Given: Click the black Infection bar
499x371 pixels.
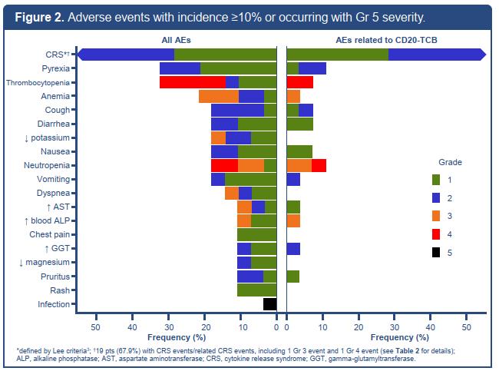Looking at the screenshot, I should click(269, 303).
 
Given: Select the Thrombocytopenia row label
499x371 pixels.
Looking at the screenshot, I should click(37, 82).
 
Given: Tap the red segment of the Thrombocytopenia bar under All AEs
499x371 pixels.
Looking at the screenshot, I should click(193, 82).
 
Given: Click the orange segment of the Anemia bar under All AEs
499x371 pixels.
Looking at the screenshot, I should click(219, 96).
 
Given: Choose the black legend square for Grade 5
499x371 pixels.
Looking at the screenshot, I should click(435, 251).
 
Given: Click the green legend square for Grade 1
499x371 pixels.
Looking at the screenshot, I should click(435, 180).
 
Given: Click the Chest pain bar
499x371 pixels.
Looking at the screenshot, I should click(256, 234).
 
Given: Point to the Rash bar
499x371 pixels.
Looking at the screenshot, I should click(256, 290).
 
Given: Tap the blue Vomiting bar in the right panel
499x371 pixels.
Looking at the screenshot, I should click(293, 179).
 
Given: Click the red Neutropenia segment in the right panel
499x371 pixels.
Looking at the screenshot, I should click(319, 165).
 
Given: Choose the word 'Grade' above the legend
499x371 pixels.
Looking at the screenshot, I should click(450, 163).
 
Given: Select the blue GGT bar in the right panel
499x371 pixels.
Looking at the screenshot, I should click(293, 248).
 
